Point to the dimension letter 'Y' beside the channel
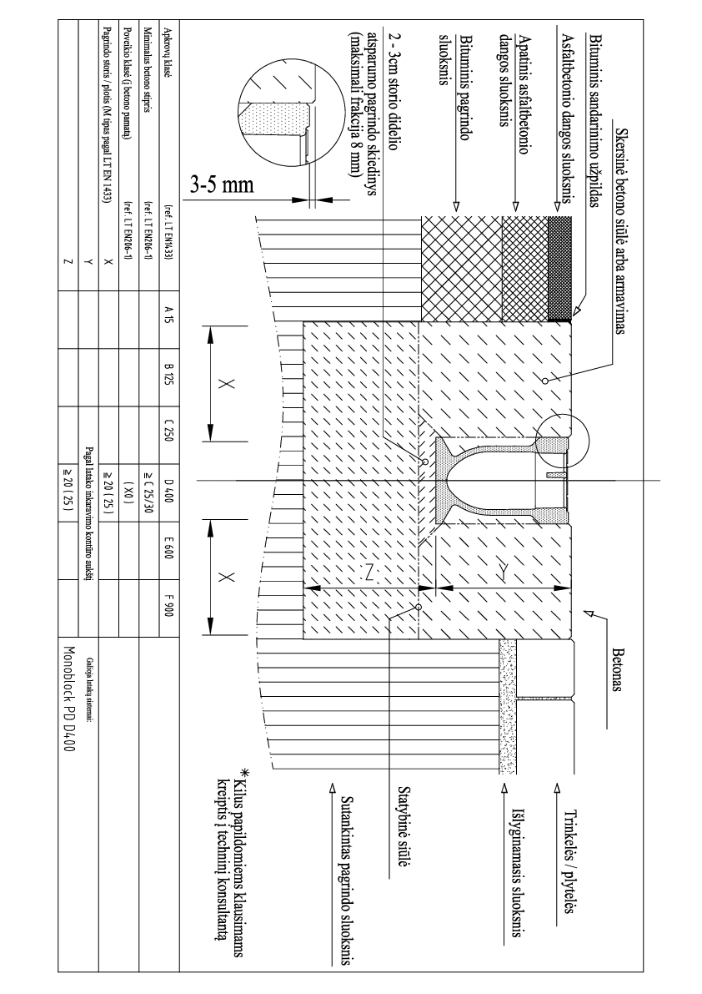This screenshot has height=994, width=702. [x=504, y=567]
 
